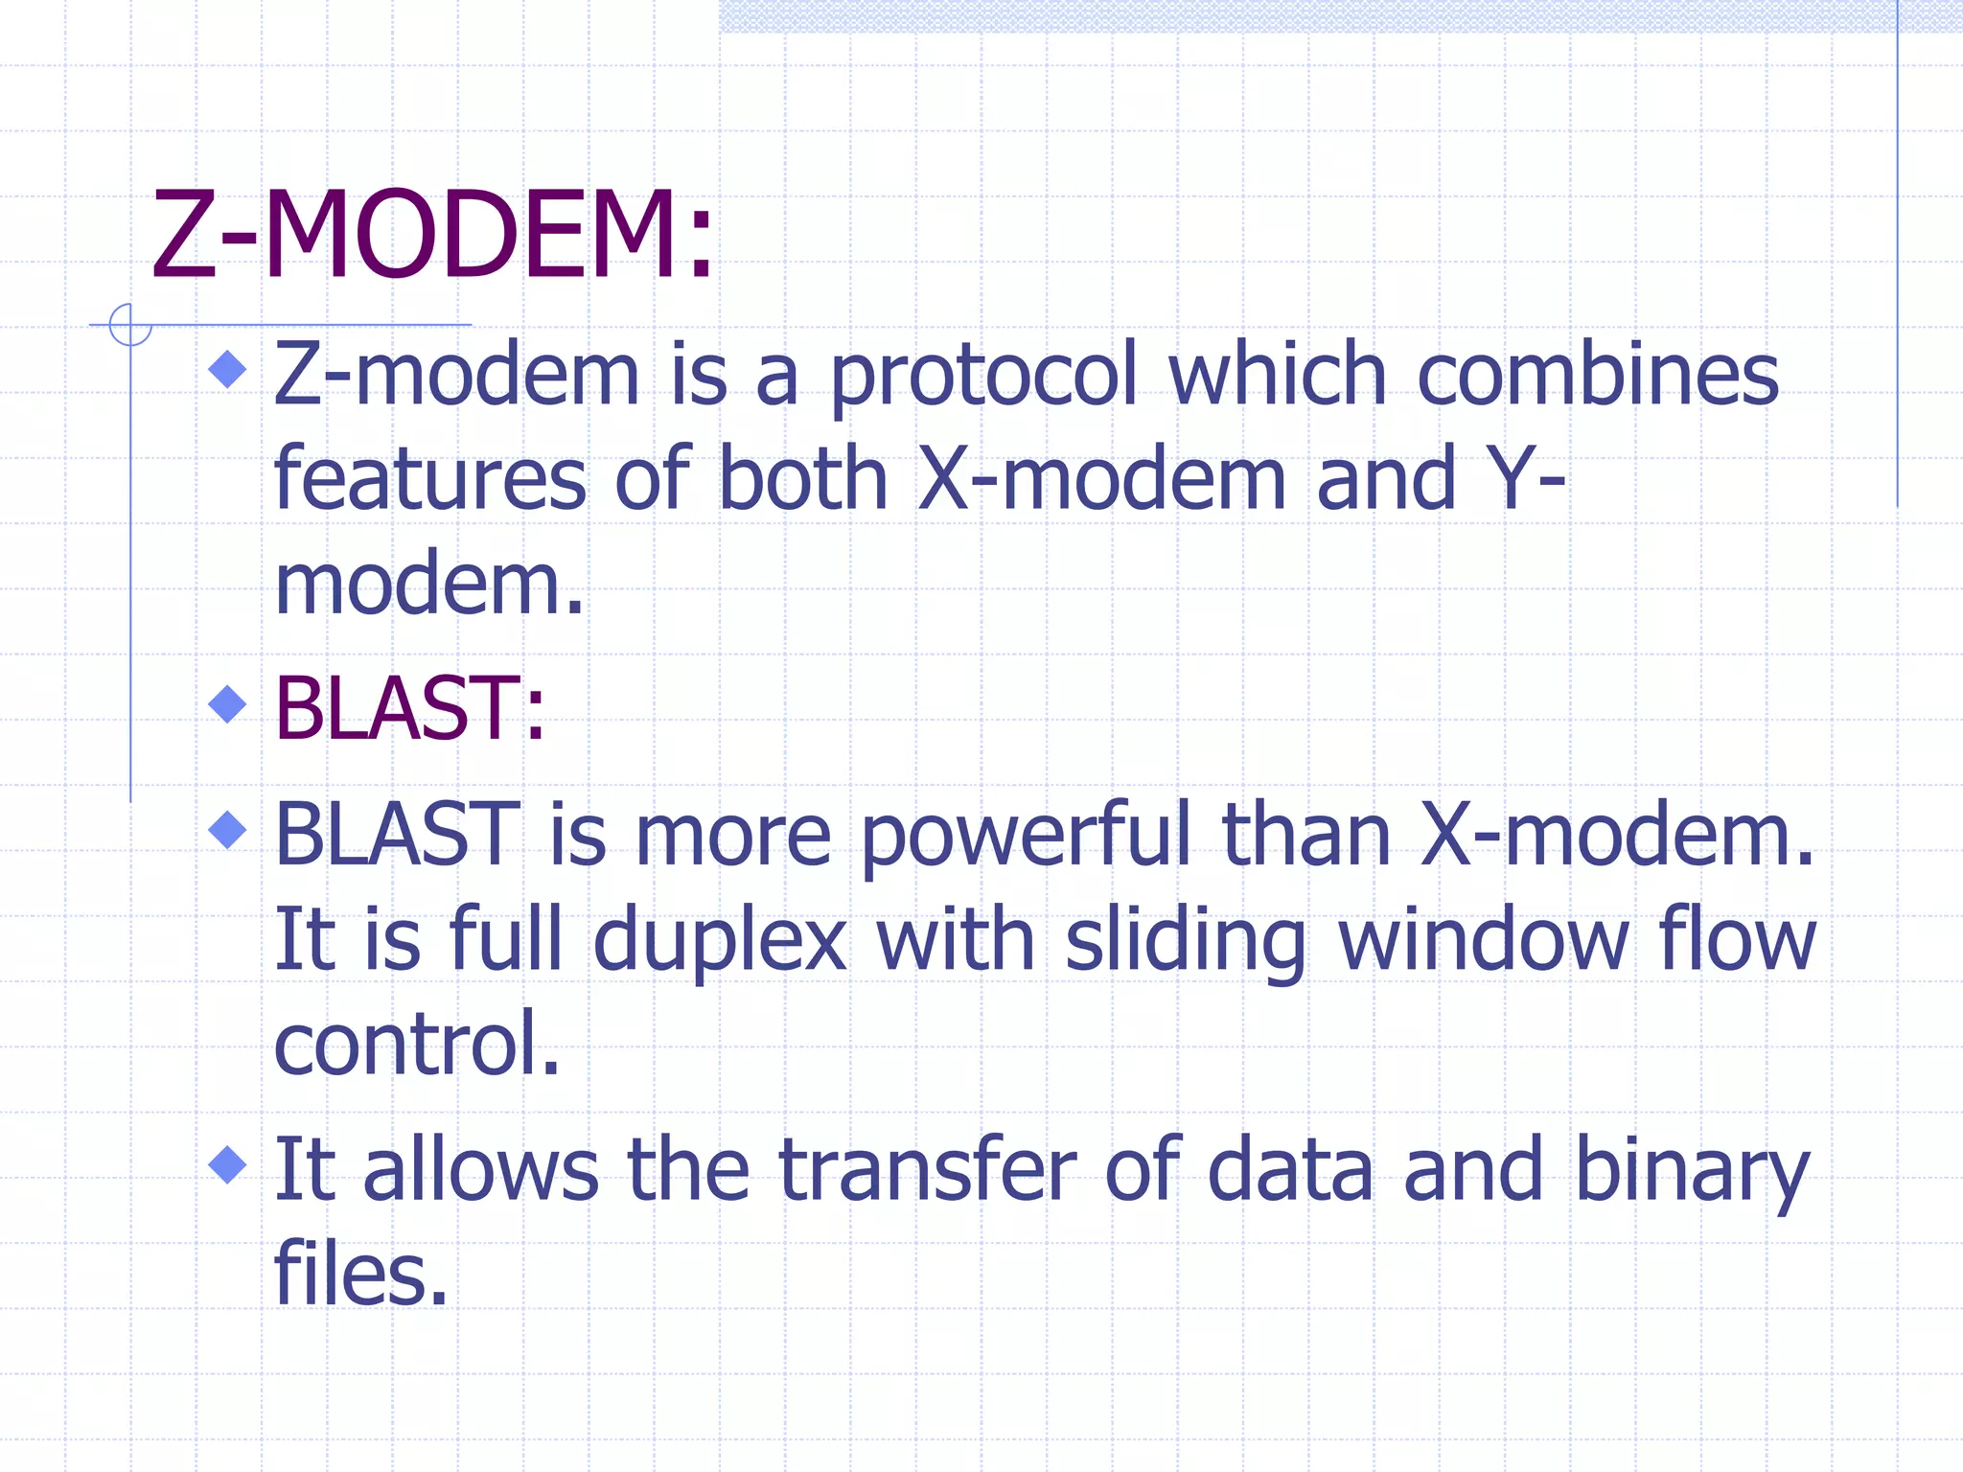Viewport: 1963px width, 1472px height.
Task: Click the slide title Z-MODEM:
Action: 432,235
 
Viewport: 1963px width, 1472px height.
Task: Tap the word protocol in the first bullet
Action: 982,377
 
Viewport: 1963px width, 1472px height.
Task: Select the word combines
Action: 1597,375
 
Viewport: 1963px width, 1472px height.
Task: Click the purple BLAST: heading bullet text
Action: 409,709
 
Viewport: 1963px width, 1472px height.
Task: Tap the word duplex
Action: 720,940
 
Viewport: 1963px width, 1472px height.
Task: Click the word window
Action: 1482,940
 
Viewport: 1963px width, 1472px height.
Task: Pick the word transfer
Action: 928,1169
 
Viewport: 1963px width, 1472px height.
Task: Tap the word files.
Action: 360,1274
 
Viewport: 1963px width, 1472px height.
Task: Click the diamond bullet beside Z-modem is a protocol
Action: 227,369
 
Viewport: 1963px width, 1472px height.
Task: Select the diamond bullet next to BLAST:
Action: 227,704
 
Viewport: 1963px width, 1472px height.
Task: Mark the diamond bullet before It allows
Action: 227,1165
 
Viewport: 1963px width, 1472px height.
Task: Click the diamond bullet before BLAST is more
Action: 227,830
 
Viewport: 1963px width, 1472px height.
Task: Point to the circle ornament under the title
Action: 130,325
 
